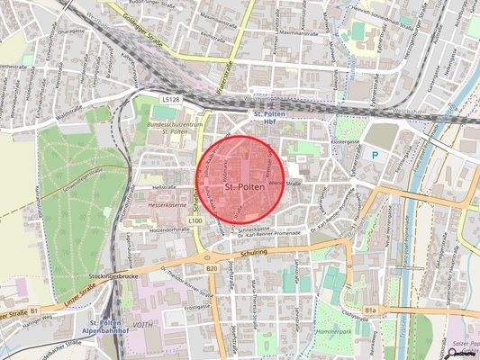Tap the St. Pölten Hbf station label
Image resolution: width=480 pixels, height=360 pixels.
pyautogui.click(x=270, y=120)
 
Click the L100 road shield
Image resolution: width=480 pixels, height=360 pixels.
pyautogui.click(x=195, y=220)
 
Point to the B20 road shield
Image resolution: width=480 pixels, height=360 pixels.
pyautogui.click(x=212, y=268)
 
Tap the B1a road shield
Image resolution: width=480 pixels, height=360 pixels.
pyautogui.click(x=370, y=310)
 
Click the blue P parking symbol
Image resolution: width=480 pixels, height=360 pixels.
pyautogui.click(x=376, y=155)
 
